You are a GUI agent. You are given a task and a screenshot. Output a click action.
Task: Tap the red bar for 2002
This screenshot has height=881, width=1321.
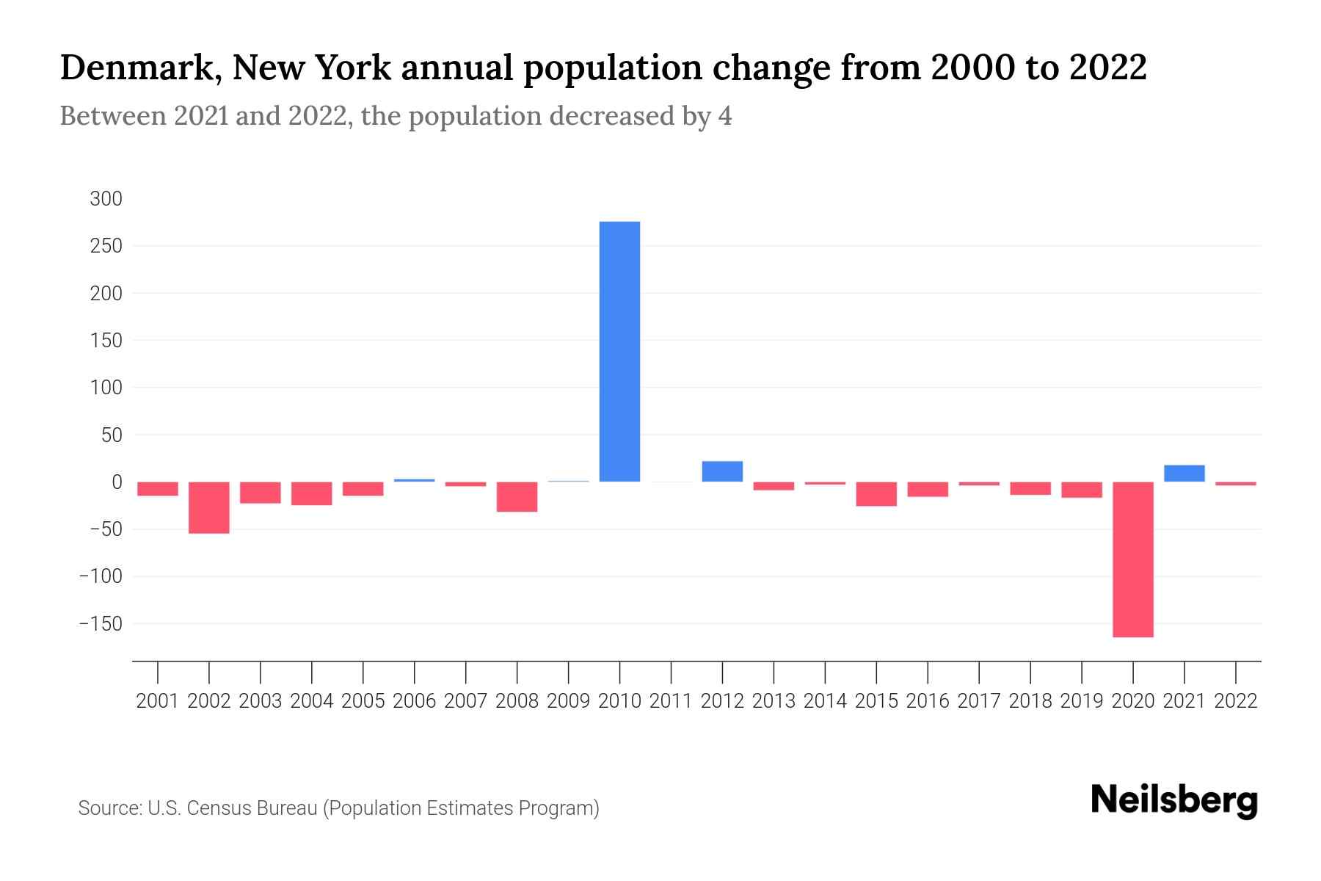click(209, 507)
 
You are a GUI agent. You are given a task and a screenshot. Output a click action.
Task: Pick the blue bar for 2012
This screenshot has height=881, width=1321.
click(722, 471)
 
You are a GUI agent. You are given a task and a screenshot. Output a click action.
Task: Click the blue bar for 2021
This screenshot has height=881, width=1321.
click(1184, 474)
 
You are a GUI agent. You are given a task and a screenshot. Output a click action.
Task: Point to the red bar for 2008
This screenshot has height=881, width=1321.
click(517, 497)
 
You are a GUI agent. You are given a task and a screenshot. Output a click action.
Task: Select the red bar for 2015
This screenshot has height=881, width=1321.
click(876, 494)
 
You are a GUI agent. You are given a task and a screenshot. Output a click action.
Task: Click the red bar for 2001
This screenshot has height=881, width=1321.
click(158, 489)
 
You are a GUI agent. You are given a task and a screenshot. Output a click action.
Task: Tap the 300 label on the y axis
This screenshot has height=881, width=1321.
click(106, 199)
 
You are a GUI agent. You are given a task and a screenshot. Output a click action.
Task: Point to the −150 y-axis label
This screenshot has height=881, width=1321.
click(101, 624)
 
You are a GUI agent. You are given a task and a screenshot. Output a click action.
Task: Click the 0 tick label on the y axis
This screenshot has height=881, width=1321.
click(117, 482)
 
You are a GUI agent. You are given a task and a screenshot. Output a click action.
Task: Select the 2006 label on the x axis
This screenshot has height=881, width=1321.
click(415, 701)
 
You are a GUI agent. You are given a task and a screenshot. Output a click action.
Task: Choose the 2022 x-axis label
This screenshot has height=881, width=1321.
click(1236, 701)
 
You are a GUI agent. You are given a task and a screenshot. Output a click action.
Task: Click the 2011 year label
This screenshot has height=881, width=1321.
click(671, 701)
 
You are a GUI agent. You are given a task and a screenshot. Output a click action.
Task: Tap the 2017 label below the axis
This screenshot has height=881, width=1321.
click(979, 701)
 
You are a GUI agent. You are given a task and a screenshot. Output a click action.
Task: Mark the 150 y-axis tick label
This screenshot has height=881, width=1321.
click(106, 341)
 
